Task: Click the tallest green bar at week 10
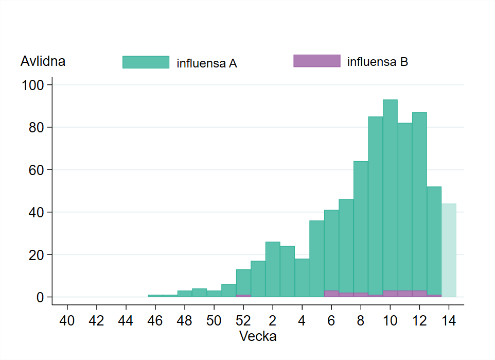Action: coord(390,196)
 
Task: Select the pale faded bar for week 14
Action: coord(449,250)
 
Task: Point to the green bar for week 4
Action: coord(302,278)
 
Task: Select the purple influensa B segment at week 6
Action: coord(331,294)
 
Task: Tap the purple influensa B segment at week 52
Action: coord(243,296)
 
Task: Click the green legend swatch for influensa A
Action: coord(146,62)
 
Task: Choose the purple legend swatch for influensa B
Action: coord(316,61)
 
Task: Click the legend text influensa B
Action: coord(378,62)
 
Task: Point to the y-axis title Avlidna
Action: coord(43,61)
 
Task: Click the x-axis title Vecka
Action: coord(258,337)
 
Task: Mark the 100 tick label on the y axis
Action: coord(33,84)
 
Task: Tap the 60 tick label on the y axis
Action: coord(37,169)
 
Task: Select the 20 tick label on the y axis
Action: coord(37,254)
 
